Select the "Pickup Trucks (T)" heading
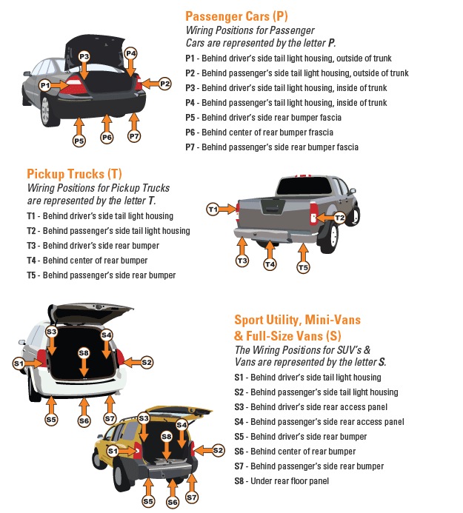click(x=74, y=174)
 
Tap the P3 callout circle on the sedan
click(x=84, y=57)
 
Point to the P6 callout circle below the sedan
click(x=107, y=137)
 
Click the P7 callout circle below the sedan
click(x=134, y=136)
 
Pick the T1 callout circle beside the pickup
click(x=213, y=209)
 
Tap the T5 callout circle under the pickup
click(x=303, y=267)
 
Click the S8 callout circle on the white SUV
click(x=84, y=352)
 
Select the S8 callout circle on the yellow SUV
click(x=167, y=437)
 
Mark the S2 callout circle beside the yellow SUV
click(x=218, y=450)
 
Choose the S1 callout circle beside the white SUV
click(x=19, y=363)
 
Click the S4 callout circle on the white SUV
click(x=107, y=335)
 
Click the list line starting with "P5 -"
click(x=264, y=118)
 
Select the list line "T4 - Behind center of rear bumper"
click(x=87, y=261)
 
